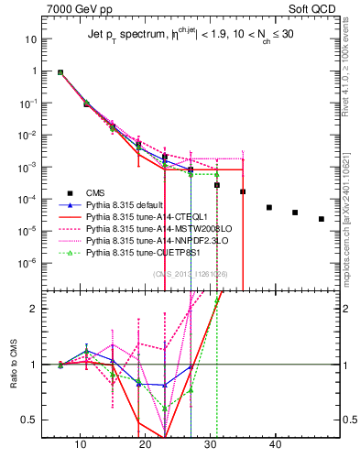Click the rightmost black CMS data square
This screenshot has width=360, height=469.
pyautogui.click(x=322, y=219)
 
